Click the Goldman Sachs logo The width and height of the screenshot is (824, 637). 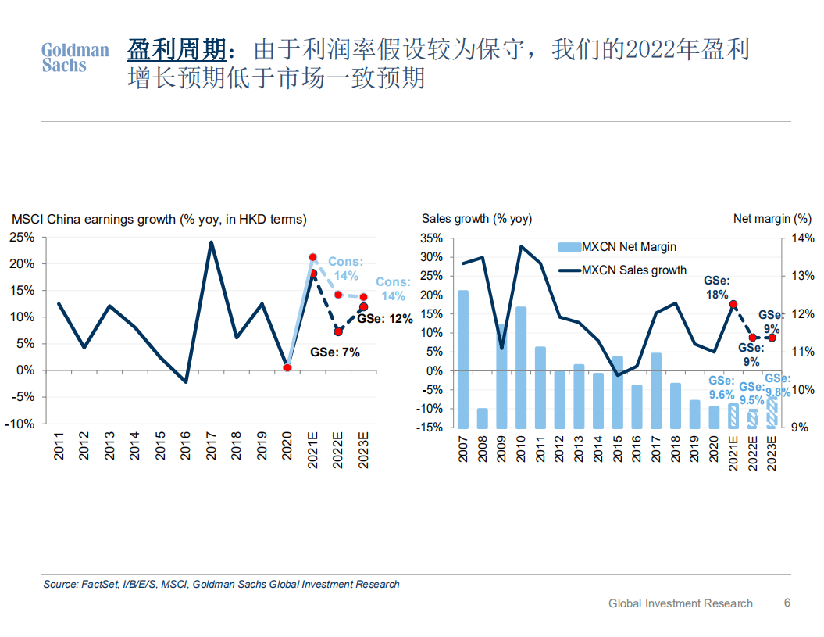point(75,58)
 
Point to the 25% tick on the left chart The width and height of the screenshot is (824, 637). point(23,238)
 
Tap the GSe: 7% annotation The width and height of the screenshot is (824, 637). point(335,352)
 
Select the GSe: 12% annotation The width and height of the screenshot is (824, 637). point(385,319)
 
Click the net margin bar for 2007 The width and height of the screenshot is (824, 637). point(463,359)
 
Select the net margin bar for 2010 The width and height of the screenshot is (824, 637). point(521,367)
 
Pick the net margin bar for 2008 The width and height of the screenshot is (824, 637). point(483,417)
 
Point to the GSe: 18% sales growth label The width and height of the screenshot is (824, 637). point(716,288)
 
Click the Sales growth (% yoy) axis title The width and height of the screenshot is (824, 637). point(476,219)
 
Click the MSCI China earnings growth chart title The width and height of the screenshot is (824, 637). point(159,219)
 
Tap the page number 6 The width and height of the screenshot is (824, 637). point(787,603)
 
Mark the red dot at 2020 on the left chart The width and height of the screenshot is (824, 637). point(287,367)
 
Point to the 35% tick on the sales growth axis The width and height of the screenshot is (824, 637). point(432,238)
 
